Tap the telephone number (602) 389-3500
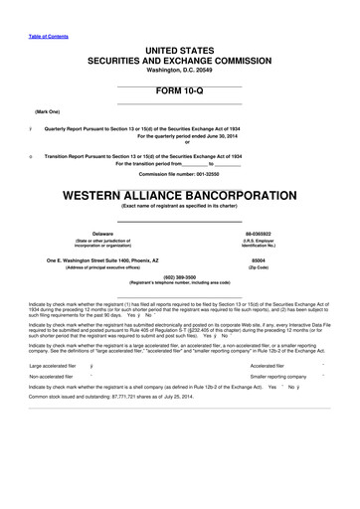179,276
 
